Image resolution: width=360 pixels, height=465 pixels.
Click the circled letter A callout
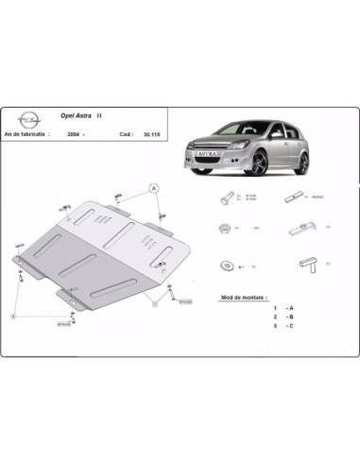(x=151, y=190)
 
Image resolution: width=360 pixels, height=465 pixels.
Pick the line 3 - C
(x=283, y=326)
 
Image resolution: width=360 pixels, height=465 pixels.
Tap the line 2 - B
(x=283, y=318)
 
